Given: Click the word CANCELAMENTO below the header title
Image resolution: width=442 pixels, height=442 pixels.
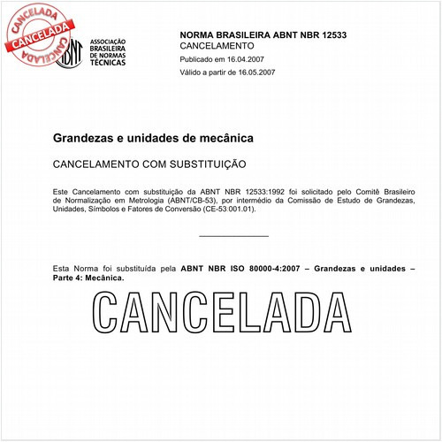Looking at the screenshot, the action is tap(217, 45).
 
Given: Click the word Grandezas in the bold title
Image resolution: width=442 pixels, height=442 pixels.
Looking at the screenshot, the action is tap(83, 139).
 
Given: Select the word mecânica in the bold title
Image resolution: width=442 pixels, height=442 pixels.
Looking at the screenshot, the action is tap(228, 139).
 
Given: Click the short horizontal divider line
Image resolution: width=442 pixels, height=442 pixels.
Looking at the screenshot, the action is tap(233, 236).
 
